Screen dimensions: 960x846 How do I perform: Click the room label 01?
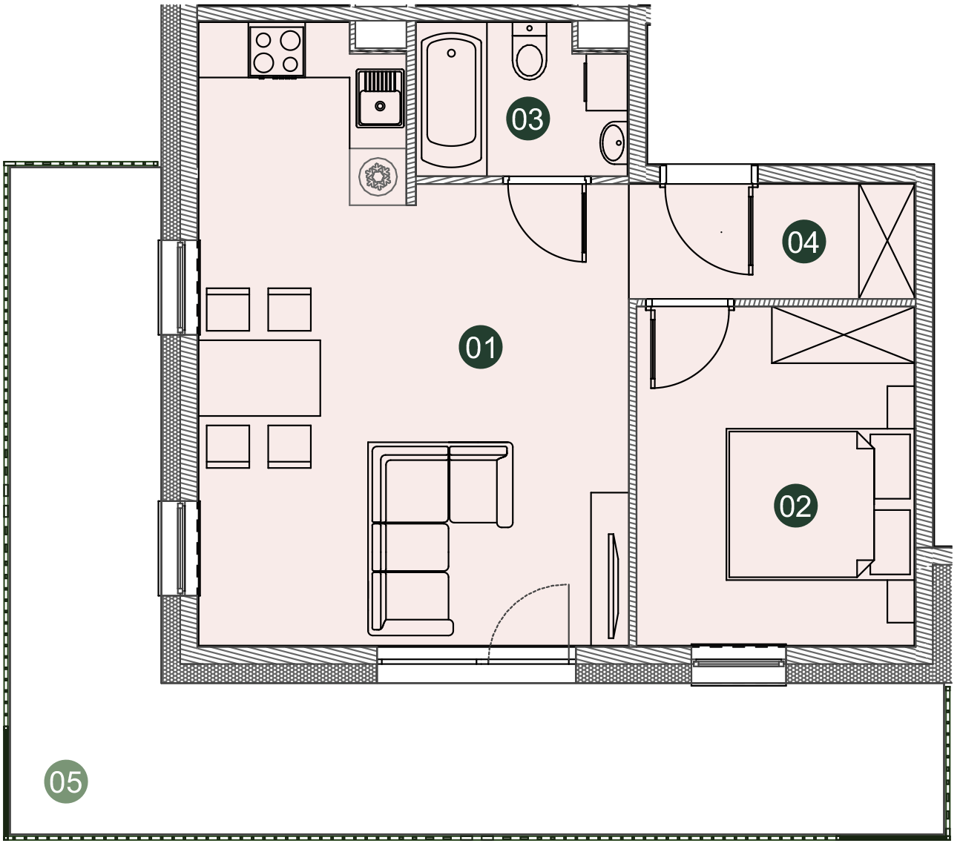[481, 347]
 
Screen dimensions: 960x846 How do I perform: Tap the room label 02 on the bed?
[795, 506]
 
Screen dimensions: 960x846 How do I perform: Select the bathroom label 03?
[528, 119]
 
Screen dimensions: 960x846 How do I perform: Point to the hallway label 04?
[803, 242]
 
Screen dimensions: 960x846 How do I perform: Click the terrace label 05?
[66, 781]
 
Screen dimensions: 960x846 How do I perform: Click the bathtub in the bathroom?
[451, 99]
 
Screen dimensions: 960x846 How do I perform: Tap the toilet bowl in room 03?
[529, 51]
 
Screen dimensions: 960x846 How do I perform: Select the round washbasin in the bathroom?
[613, 142]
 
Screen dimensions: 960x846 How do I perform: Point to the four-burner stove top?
[277, 50]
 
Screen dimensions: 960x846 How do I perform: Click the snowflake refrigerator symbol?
[378, 176]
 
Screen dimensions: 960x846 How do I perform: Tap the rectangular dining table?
[259, 377]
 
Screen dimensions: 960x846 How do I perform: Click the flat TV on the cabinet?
[613, 586]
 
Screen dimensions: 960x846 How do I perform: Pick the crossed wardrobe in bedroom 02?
[843, 335]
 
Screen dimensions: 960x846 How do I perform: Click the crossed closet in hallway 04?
[887, 241]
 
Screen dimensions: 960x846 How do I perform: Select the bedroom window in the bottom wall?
[738, 664]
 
